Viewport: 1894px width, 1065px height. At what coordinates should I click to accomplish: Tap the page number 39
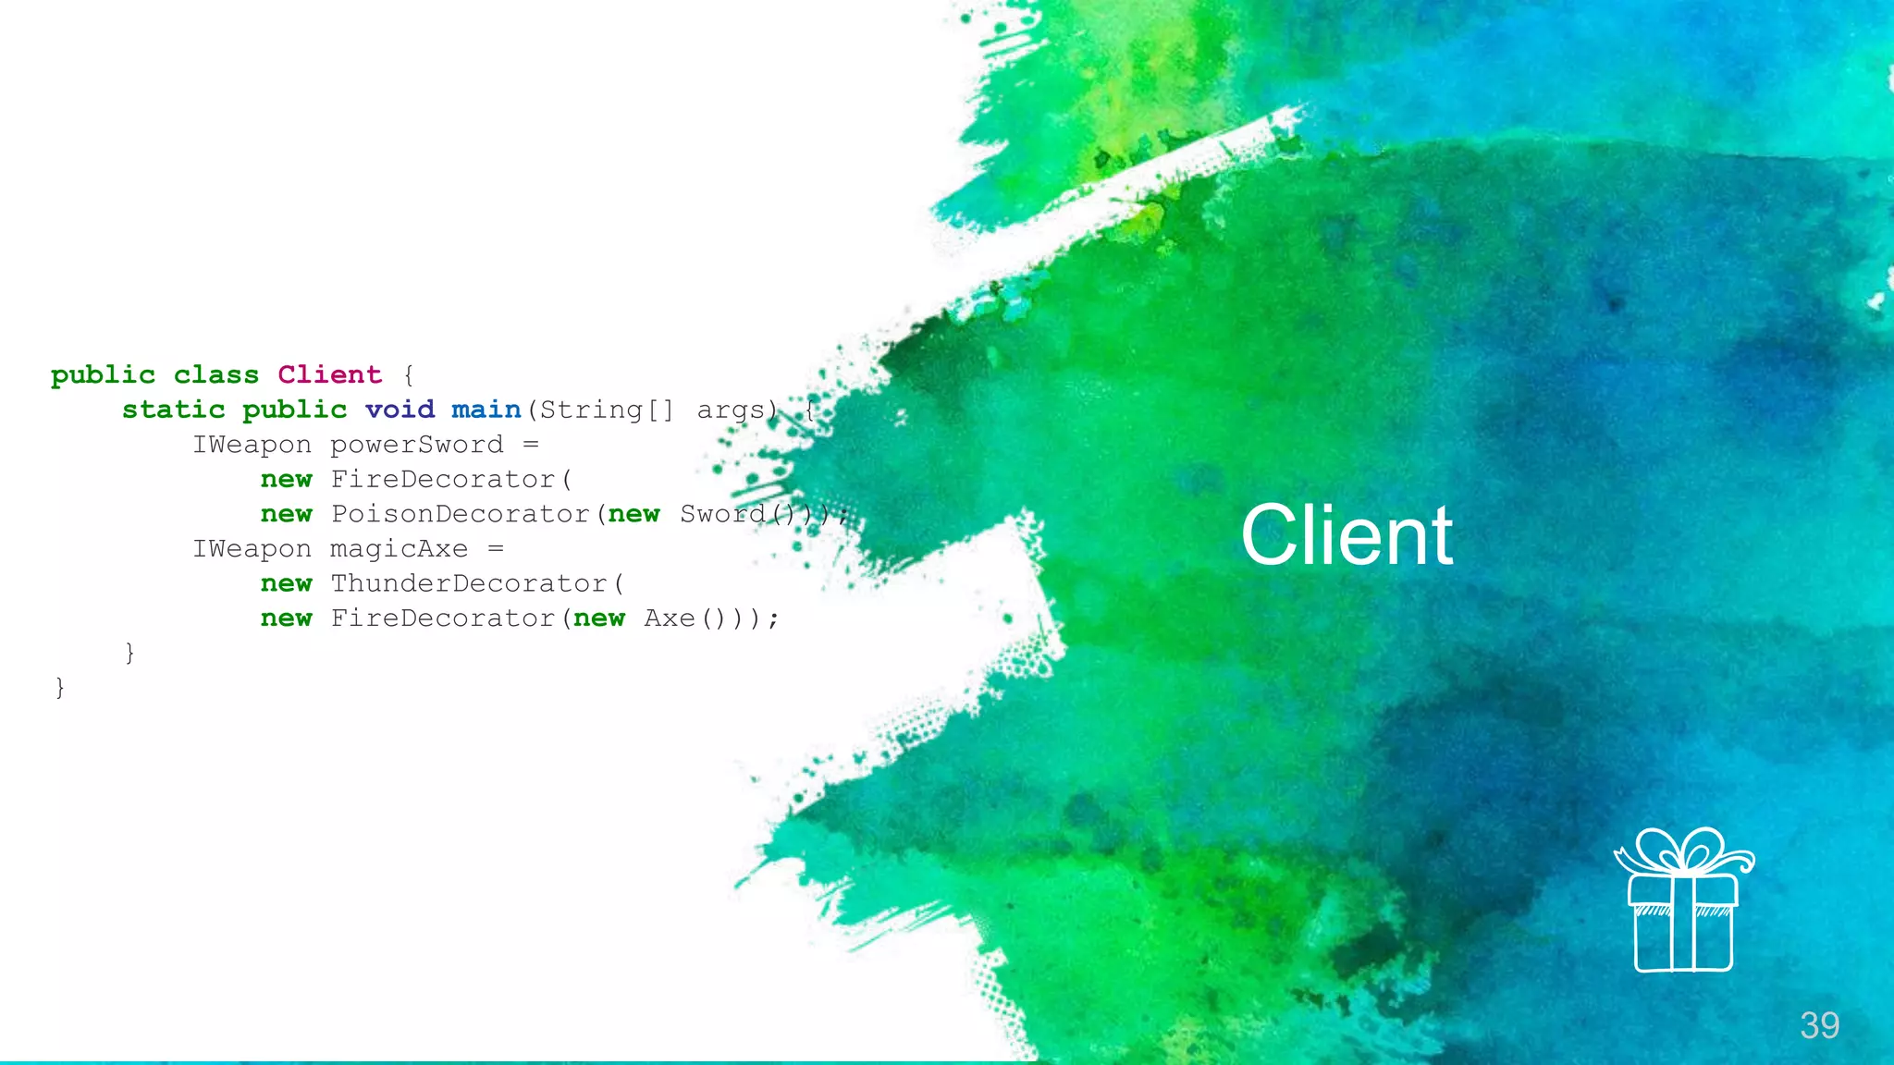(x=1819, y=1025)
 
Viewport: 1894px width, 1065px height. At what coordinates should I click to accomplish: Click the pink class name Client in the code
(x=329, y=374)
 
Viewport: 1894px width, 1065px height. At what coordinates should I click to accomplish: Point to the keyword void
(x=400, y=410)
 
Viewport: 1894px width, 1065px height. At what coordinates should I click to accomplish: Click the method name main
(x=486, y=410)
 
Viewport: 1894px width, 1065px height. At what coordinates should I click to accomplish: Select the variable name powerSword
(x=417, y=445)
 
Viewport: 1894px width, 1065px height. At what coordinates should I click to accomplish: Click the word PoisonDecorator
(x=461, y=514)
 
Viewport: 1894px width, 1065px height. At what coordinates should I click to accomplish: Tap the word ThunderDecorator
(x=469, y=583)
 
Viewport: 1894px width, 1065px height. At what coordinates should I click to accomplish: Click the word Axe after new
(x=669, y=618)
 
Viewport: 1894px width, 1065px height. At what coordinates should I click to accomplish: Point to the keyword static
(x=174, y=410)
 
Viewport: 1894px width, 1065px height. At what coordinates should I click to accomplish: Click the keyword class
(x=216, y=374)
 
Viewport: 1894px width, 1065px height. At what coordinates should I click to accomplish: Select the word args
(x=731, y=410)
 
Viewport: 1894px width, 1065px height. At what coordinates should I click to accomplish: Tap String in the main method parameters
(x=591, y=410)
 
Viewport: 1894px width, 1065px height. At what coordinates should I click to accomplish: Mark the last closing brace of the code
(x=60, y=688)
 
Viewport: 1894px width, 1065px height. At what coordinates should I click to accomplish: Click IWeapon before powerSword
(x=252, y=445)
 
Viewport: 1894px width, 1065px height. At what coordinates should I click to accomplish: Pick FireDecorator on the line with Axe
(x=443, y=618)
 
